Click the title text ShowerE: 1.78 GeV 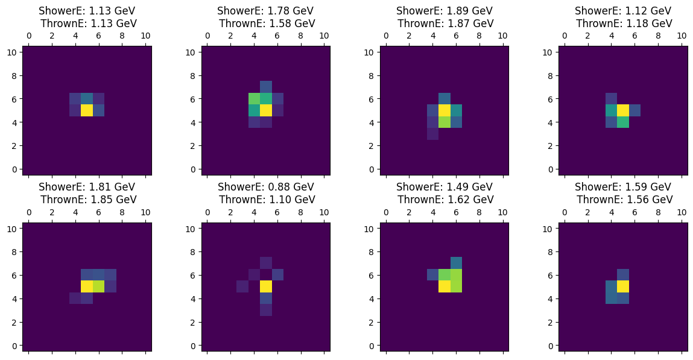[266, 11]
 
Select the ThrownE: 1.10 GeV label [266, 200]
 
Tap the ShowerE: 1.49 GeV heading [445, 187]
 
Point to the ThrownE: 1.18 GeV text [623, 24]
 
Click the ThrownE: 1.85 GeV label [87, 200]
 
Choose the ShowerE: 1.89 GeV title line [445, 11]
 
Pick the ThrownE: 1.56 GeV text [623, 200]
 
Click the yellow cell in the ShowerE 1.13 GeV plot [87, 110]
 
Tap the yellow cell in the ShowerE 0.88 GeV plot [265, 287]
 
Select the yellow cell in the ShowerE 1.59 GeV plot [623, 286]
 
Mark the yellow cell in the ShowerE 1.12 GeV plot [623, 110]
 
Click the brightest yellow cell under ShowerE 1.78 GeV [265, 110]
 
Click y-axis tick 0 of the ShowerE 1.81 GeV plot [15, 346]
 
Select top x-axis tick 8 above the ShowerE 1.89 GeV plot [479, 36]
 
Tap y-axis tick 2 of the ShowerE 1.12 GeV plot [551, 145]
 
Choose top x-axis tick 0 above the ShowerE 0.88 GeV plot [207, 213]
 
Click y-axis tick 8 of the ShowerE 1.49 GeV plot [372, 251]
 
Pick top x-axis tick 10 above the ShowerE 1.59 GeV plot [682, 213]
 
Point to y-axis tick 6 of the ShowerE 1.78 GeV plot [194, 99]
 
